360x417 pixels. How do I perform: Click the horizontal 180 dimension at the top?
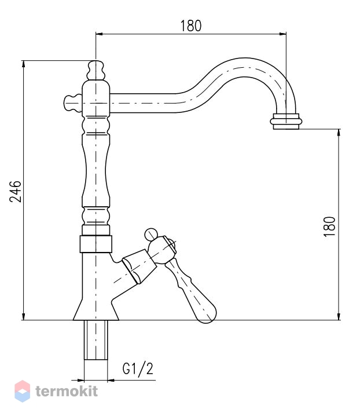pyautogui.click(x=191, y=26)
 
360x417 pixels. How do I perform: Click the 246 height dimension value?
pyautogui.click(x=16, y=192)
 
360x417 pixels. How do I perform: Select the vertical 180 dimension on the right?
pyautogui.click(x=329, y=226)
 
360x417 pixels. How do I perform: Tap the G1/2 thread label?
pyautogui.click(x=138, y=369)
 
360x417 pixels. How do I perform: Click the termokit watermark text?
pyautogui.click(x=67, y=391)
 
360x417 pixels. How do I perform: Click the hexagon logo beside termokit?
pyautogui.click(x=23, y=391)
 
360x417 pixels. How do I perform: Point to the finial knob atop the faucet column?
pyautogui.click(x=95, y=71)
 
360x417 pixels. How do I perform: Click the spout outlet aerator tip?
pyautogui.click(x=286, y=122)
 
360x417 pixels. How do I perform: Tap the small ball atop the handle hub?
pyautogui.click(x=151, y=235)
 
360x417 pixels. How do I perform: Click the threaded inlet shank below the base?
pyautogui.click(x=96, y=340)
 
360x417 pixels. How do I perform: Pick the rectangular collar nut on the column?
pyautogui.click(x=96, y=244)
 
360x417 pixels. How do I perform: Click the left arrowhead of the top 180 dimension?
pyautogui.click(x=99, y=34)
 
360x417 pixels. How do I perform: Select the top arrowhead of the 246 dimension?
pyautogui.click(x=24, y=64)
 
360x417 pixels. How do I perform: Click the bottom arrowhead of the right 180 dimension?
pyautogui.click(x=339, y=316)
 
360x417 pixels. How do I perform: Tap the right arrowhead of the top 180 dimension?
pyautogui.click(x=283, y=34)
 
